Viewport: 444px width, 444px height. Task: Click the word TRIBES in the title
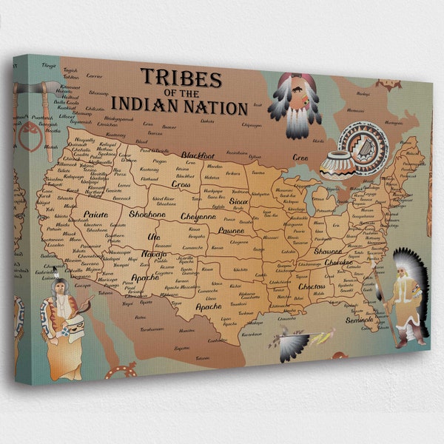pos(181,78)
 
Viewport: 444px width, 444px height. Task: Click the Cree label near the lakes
pos(299,158)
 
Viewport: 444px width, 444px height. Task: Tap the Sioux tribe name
pos(238,201)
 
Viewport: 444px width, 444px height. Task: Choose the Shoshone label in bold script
pos(147,214)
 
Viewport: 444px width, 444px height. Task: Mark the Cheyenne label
pos(198,218)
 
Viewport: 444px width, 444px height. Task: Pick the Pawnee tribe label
pos(231,230)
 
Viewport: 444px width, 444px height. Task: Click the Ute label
pos(154,237)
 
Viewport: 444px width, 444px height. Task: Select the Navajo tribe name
pos(154,255)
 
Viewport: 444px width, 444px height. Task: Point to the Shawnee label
pos(327,252)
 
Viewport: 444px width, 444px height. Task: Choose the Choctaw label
pos(312,286)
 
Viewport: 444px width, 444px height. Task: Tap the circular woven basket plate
pos(363,143)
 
